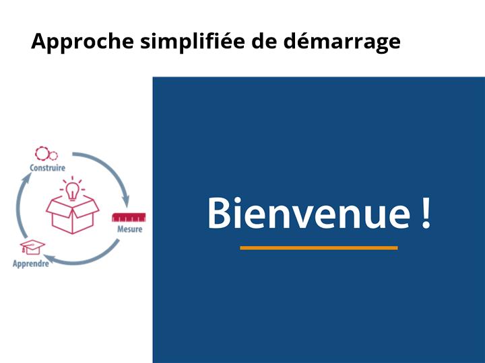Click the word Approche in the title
[x=82, y=42]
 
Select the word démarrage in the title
[x=342, y=42]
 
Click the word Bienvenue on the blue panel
[x=309, y=213]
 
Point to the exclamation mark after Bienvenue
[x=426, y=213]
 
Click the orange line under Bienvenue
[x=319, y=248]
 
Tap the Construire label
[x=47, y=168]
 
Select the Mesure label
[x=129, y=229]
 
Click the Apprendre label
[x=31, y=264]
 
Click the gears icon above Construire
[x=46, y=154]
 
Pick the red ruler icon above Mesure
[x=129, y=217]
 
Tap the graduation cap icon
[x=32, y=247]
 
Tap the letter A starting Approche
[x=38, y=40]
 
